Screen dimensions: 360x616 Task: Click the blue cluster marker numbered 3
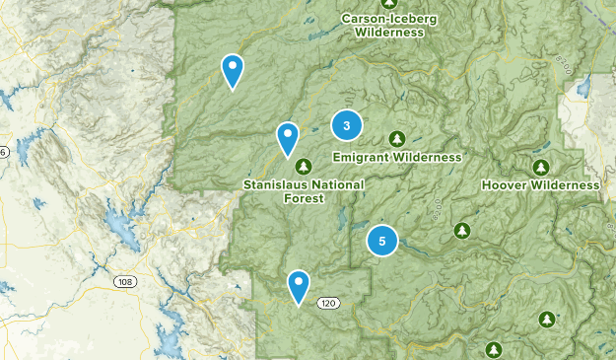[347, 125]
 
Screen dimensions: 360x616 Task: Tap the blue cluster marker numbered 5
[382, 240]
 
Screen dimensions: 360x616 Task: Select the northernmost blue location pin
[232, 70]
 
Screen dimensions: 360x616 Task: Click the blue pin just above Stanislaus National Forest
[287, 138]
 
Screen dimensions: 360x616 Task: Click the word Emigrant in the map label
[363, 157]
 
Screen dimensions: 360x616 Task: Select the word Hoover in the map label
[505, 184]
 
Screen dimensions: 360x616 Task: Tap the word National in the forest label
[336, 184]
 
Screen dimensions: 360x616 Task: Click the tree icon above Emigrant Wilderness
[397, 138]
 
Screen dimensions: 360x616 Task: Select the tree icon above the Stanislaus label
[304, 165]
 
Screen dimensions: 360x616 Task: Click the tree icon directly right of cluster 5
[461, 230]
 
